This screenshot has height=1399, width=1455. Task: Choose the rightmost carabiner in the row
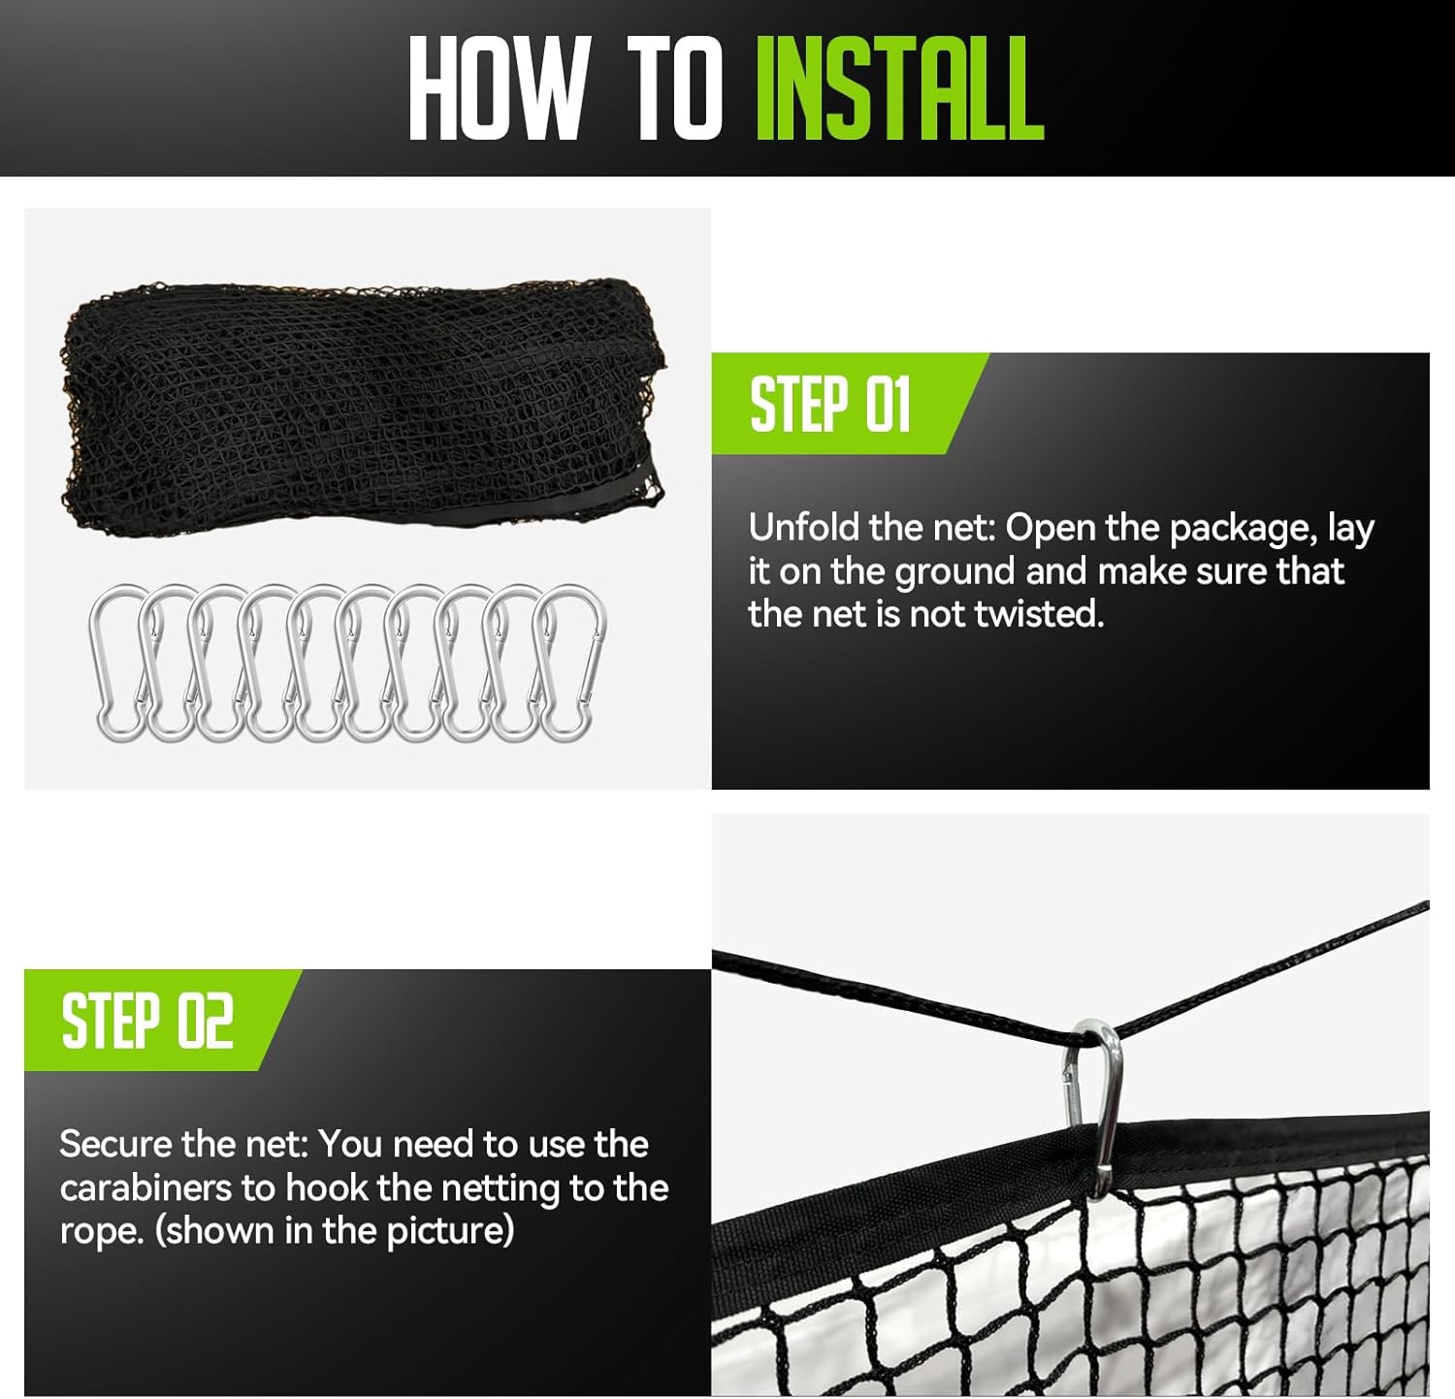572,664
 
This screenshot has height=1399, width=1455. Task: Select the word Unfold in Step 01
804,528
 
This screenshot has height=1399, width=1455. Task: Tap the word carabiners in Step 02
146,1188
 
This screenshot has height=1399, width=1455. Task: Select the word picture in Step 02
450,1232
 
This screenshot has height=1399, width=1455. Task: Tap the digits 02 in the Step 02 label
207,1022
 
